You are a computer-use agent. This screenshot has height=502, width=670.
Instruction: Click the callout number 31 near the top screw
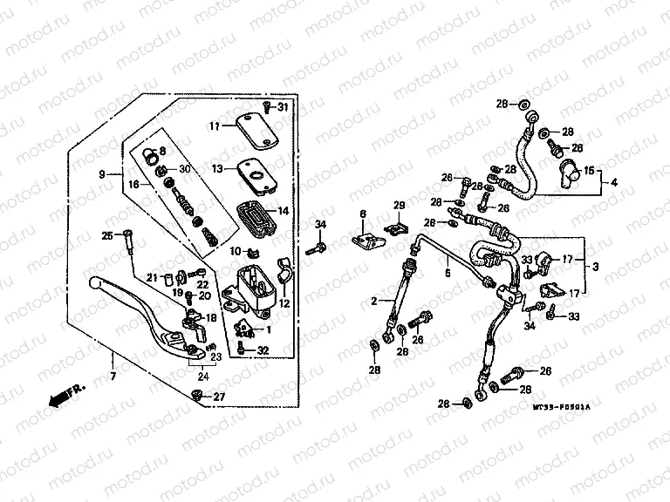click(x=282, y=107)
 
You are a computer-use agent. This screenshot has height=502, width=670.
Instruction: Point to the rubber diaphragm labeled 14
click(x=254, y=215)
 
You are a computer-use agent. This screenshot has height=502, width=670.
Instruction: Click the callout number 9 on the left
click(x=103, y=174)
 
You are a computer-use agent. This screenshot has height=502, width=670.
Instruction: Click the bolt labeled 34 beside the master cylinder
click(x=314, y=249)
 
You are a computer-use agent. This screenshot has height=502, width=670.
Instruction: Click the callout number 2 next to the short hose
click(x=374, y=300)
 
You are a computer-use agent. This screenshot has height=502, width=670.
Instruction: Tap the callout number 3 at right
click(x=595, y=265)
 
